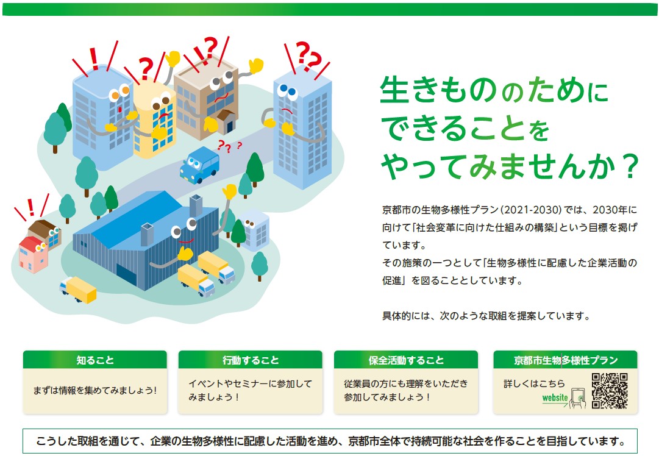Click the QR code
(610, 391)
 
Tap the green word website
(555, 397)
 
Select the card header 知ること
(95, 360)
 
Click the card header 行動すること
(251, 360)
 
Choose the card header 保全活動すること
(406, 360)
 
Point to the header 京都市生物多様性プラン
(566, 360)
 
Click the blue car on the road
(199, 165)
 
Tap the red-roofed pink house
(33, 254)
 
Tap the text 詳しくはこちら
(534, 383)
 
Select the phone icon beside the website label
(579, 398)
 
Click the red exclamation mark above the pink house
(30, 207)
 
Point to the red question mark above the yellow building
(146, 68)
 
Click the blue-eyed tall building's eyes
(288, 90)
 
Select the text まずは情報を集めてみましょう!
(95, 390)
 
